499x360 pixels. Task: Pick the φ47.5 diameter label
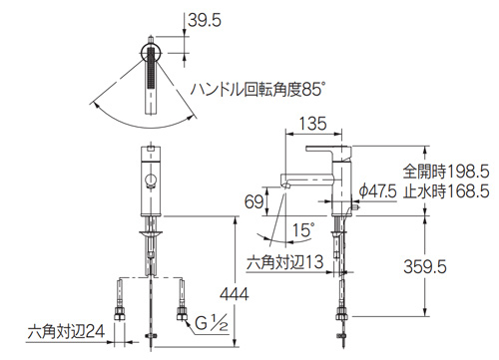click(378, 188)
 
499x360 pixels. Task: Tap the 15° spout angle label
click(303, 229)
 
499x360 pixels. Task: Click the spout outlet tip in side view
click(284, 183)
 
